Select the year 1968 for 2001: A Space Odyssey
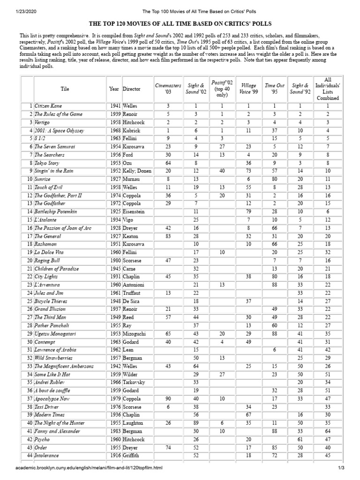coord(114,130)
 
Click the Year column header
coord(114,89)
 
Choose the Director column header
coord(132,89)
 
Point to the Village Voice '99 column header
coord(248,89)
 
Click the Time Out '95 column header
coord(274,89)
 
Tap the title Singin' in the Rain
coord(54,171)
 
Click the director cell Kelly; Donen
coord(137,171)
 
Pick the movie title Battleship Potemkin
coord(54,212)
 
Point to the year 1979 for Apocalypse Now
coord(114,398)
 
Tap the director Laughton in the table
coord(134,423)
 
